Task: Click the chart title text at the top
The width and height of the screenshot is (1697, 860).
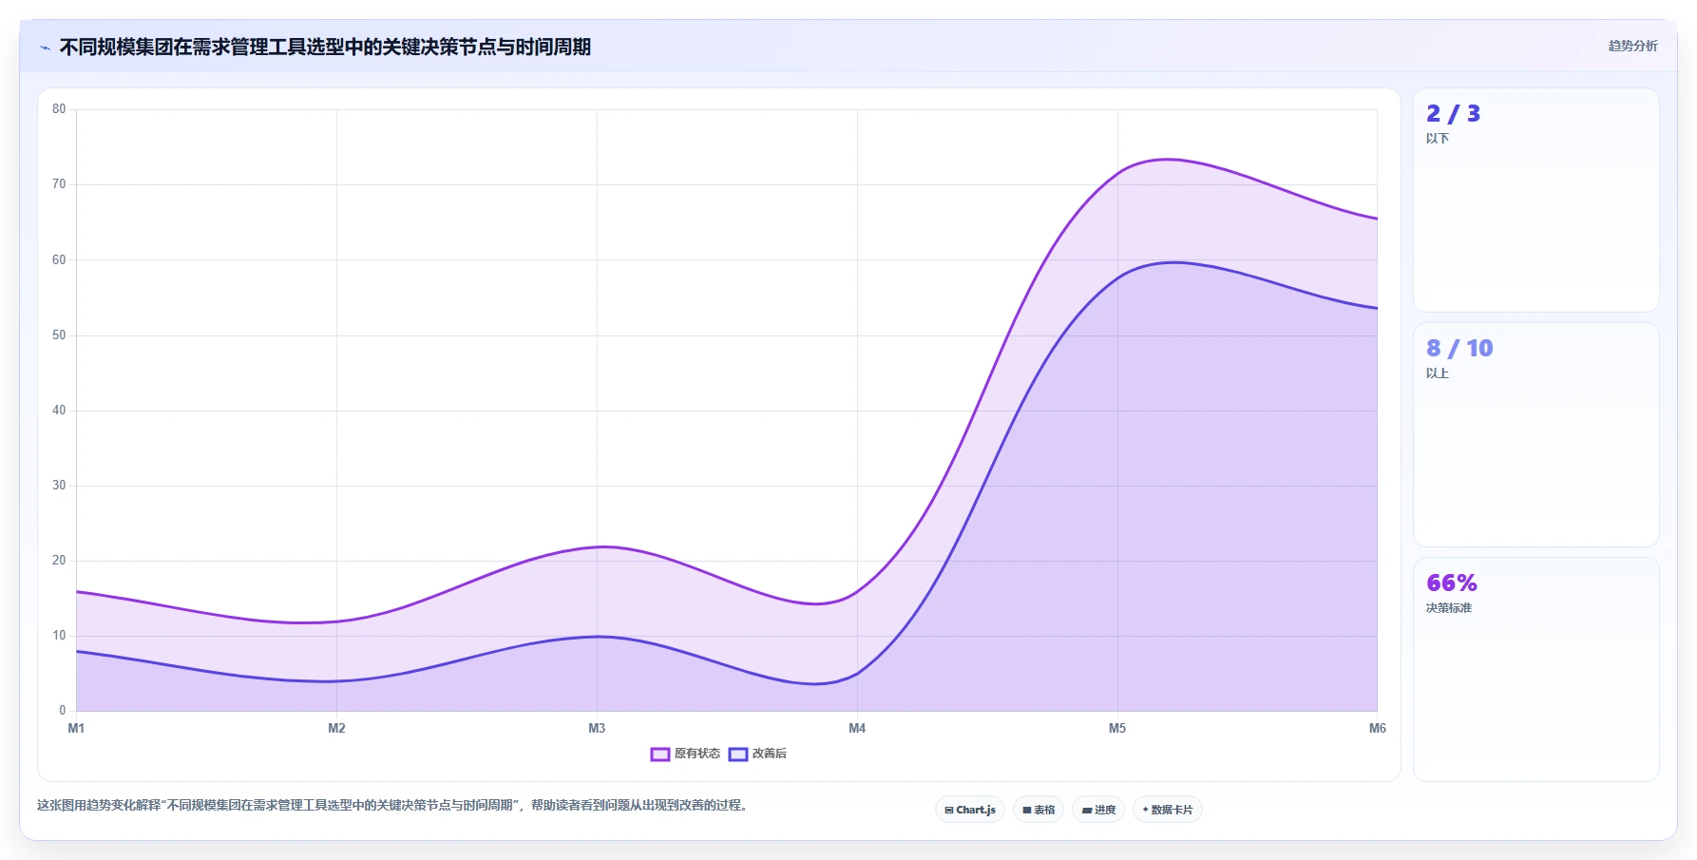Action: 325,47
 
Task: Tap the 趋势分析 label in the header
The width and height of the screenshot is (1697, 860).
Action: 1632,46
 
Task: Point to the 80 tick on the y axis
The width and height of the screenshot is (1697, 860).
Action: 59,109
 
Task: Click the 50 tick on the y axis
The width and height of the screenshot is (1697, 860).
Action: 59,335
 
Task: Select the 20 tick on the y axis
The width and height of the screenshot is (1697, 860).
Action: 59,561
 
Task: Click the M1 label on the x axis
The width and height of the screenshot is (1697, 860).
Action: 76,728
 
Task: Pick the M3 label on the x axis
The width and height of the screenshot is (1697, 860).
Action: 597,728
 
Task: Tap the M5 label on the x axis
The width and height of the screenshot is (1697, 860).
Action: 1117,728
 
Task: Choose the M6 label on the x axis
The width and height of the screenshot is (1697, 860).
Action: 1377,728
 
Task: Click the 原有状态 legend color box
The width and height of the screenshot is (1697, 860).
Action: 660,755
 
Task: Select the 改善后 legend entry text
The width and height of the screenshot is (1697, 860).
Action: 770,754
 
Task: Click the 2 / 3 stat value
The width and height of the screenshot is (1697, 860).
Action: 1453,114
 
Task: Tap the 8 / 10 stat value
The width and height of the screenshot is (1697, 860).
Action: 1459,349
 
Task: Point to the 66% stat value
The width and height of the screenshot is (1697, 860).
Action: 1452,583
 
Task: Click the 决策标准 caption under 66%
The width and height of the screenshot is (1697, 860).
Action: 1448,608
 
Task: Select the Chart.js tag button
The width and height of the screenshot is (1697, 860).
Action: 970,810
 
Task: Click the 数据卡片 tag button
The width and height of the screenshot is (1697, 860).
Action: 1167,810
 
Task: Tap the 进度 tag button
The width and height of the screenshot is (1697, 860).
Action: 1098,810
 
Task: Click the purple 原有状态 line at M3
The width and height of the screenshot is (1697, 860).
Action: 597,546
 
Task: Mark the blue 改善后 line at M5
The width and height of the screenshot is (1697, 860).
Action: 1117,277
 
